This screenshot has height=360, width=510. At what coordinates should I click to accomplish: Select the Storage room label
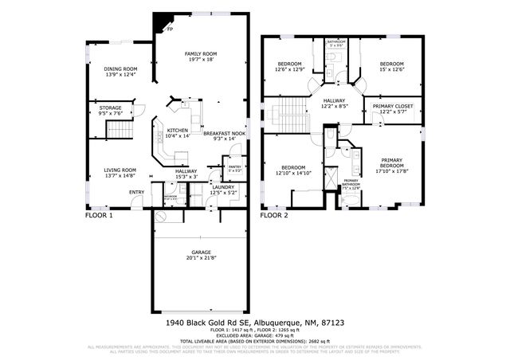coord(111,110)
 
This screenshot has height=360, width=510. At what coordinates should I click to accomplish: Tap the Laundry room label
coord(223,189)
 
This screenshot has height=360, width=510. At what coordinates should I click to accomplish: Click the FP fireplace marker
coord(170,29)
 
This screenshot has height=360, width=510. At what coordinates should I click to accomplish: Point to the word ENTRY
coord(137,191)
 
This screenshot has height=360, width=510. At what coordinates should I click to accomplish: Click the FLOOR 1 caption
coord(100,215)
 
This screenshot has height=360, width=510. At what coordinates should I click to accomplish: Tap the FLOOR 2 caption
coord(274,215)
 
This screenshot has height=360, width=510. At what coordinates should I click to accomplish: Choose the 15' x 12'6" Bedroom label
coord(391,66)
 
